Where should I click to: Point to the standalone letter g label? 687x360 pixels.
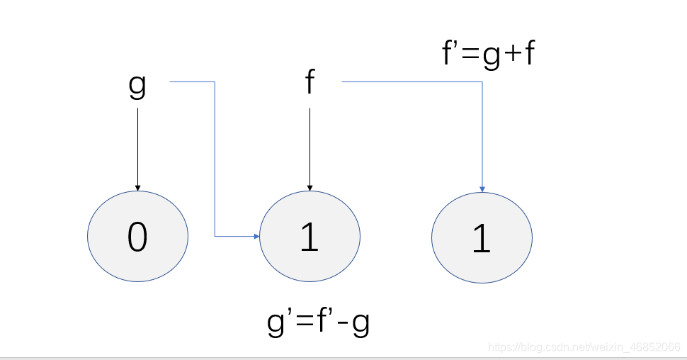tap(137, 86)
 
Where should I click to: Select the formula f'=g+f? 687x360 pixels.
tap(489, 53)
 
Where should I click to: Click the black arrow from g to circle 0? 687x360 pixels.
tap(137, 150)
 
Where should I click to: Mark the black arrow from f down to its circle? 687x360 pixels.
tap(310, 150)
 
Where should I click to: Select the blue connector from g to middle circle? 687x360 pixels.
tap(215, 159)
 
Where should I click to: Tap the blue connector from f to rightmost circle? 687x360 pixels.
tap(482, 82)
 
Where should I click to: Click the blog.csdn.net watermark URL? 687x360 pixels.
tap(584, 347)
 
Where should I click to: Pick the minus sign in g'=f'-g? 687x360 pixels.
tap(344, 324)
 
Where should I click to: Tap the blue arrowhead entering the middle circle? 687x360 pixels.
tap(257, 237)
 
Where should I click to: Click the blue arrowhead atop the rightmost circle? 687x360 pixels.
tap(482, 189)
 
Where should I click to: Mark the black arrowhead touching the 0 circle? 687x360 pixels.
tap(137, 188)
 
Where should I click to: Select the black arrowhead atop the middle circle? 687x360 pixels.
tap(310, 188)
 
